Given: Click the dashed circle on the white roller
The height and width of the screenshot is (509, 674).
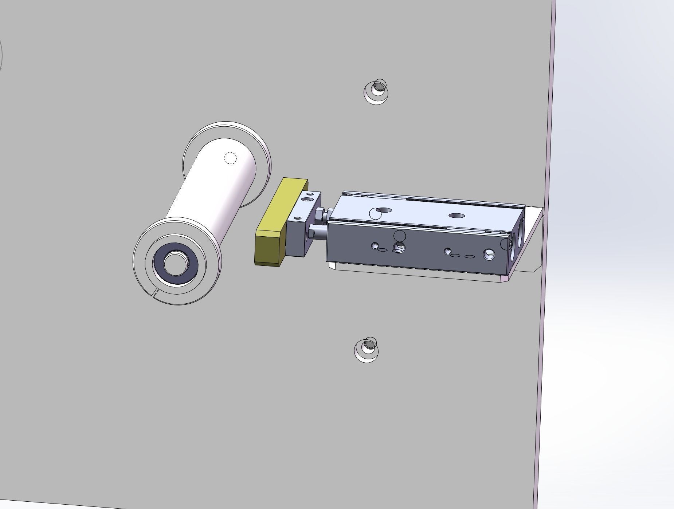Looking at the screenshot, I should point(230,158).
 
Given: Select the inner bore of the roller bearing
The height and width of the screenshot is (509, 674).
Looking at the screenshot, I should point(176,263).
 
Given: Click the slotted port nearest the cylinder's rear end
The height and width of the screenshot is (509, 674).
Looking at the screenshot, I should point(489,254).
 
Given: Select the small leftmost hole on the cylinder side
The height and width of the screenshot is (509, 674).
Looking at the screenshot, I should point(375,246).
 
